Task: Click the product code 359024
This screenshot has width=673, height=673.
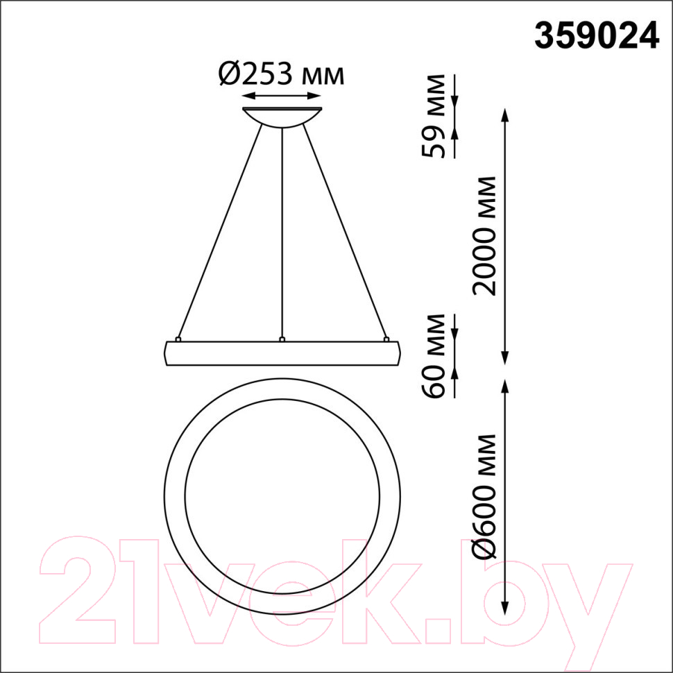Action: click(x=597, y=36)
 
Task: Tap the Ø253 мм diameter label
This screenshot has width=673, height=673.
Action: click(x=281, y=74)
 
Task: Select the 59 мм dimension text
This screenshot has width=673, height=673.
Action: click(x=434, y=116)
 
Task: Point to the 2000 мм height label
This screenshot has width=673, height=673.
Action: click(x=484, y=236)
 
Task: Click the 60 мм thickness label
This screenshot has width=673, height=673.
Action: click(x=434, y=356)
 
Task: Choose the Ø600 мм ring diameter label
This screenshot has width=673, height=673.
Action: click(x=484, y=497)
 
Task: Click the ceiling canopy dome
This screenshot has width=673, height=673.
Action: click(x=282, y=117)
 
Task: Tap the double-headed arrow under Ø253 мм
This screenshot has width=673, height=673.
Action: click(x=282, y=96)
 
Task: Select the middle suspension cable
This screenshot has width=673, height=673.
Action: click(x=282, y=232)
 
